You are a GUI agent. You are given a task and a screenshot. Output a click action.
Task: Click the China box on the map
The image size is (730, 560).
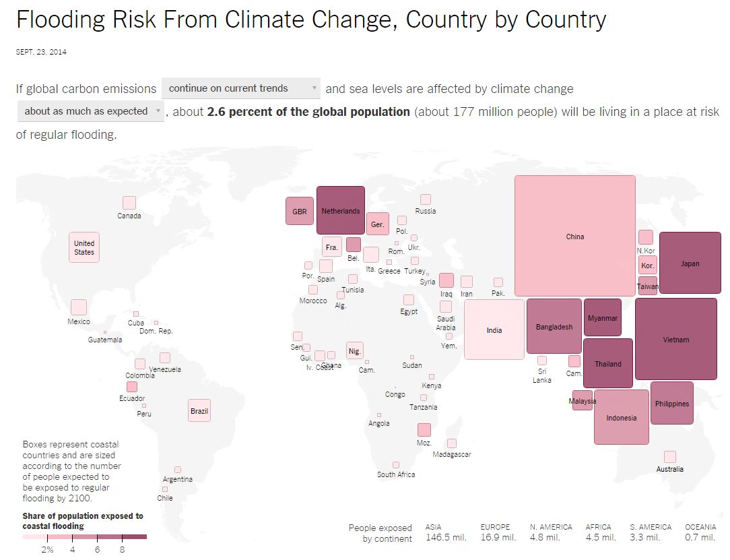574,236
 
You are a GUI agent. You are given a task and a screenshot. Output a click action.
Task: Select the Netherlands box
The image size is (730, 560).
341,210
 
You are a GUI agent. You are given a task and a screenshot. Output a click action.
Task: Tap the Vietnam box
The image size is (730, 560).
675,339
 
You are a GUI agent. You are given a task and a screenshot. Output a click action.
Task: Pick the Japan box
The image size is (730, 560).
690,263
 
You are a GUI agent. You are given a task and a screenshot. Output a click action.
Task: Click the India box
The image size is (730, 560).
494,330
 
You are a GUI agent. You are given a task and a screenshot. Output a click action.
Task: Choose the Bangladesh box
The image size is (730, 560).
554,326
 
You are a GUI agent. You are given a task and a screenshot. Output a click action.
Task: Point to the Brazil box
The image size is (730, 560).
199,410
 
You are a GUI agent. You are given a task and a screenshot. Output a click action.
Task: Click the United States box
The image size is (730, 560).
84,247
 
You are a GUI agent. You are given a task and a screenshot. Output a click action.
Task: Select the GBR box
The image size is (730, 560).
299,211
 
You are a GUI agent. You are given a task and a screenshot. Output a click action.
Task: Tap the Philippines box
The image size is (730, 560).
671,403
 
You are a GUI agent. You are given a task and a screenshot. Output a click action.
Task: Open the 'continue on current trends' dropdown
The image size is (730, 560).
241,88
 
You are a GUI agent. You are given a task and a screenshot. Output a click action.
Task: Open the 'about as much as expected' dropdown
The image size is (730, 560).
90,111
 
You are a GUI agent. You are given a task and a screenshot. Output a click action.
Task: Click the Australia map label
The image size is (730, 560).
669,469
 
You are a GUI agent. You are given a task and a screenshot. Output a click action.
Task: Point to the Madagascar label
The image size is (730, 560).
452,454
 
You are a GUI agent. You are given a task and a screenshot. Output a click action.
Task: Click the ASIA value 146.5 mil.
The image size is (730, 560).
445,538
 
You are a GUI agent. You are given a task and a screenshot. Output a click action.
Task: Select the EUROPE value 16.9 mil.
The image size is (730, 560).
498,538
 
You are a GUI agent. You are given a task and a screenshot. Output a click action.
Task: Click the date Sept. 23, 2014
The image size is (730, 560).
41,52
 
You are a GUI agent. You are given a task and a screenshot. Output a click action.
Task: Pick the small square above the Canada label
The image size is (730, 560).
129,202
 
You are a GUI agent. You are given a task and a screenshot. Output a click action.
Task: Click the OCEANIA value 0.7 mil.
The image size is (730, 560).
700,538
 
